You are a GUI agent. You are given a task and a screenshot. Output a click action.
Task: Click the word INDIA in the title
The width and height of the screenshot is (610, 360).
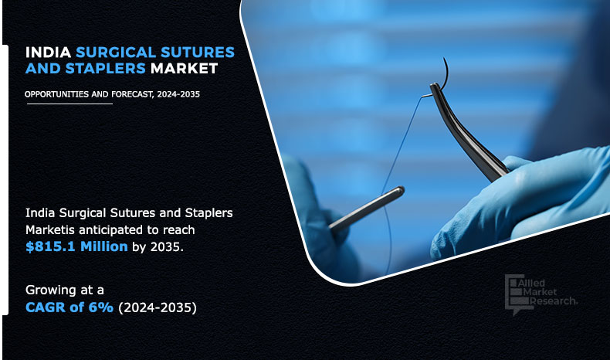[48, 53]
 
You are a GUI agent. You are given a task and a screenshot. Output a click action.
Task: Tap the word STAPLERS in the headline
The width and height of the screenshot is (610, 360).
[106, 69]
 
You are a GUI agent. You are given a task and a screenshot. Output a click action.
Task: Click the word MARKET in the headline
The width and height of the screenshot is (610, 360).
[184, 69]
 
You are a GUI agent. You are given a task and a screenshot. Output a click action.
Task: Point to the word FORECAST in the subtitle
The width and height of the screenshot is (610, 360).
[132, 94]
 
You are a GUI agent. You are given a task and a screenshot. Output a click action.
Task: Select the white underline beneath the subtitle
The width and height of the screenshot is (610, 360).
[69, 104]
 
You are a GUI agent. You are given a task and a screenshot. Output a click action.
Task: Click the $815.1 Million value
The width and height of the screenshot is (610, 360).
[76, 246]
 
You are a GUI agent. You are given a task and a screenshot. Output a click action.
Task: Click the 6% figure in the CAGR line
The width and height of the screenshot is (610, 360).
[100, 307]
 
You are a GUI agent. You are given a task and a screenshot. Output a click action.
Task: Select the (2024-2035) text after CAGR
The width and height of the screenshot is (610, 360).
[158, 307]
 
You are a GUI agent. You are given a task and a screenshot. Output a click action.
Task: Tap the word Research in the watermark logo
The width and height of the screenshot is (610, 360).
[553, 301]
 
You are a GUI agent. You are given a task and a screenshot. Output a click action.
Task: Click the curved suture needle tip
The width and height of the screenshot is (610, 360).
[444, 59]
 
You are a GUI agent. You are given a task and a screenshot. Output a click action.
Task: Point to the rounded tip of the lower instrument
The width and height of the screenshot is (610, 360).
[400, 190]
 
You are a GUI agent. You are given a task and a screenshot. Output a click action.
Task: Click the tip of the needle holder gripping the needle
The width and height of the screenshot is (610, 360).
[434, 86]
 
